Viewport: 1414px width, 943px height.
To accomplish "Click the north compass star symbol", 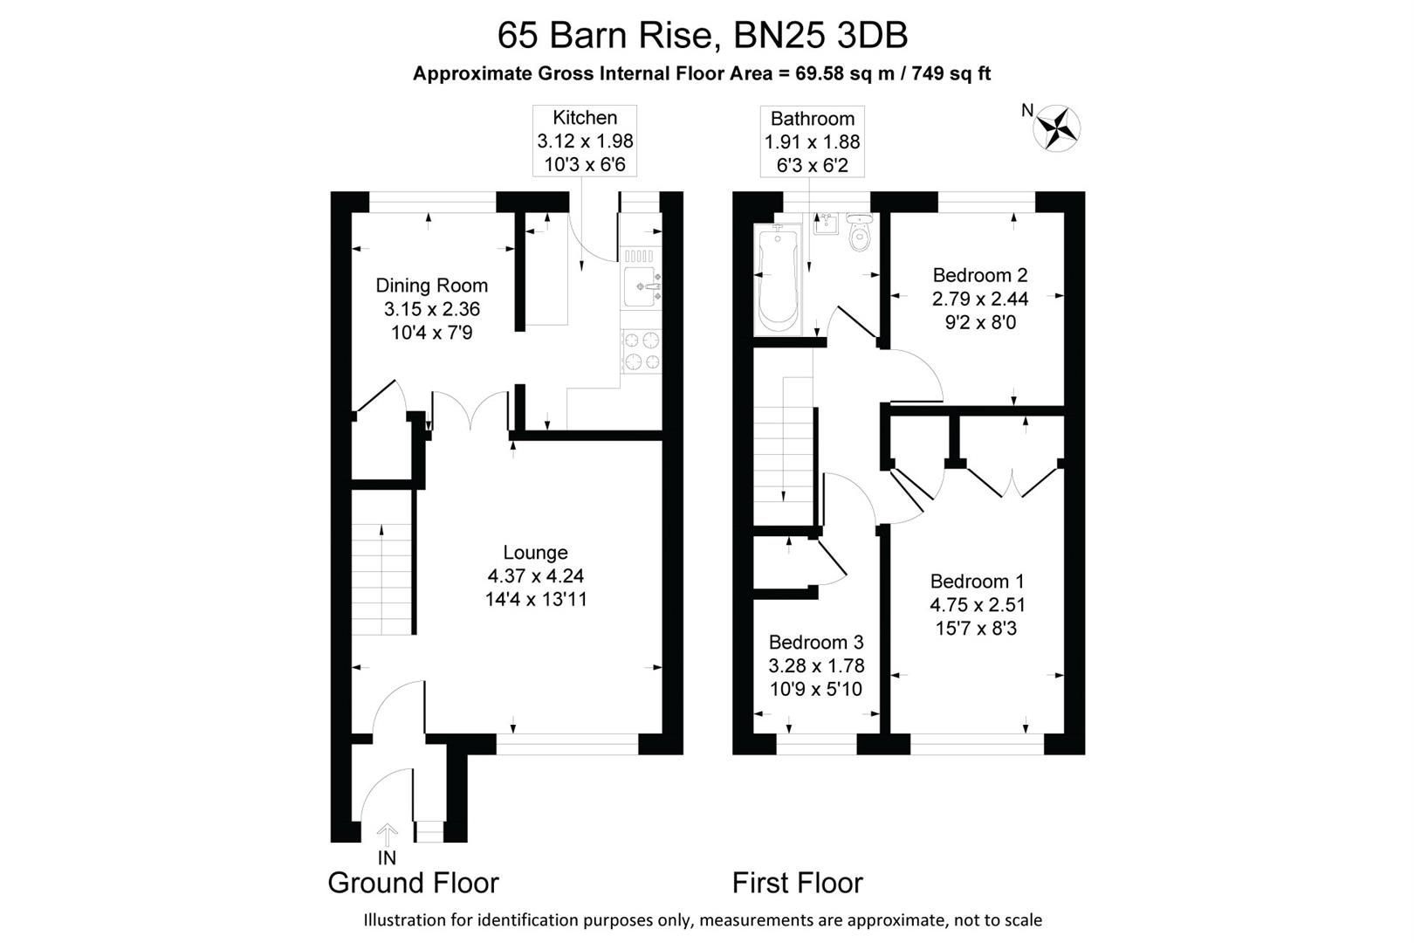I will pyautogui.click(x=1057, y=127).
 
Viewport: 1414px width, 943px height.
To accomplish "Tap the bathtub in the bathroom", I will pyautogui.click(x=778, y=280).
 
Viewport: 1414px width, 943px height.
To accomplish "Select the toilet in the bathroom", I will pyautogui.click(x=859, y=232).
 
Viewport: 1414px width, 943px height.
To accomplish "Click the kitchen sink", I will pyautogui.click(x=641, y=286).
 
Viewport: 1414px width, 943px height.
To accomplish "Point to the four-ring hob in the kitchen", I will pyautogui.click(x=641, y=351).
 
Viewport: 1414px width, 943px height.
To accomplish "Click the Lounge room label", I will pyautogui.click(x=535, y=553).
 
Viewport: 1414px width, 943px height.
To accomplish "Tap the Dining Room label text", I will pyautogui.click(x=431, y=286).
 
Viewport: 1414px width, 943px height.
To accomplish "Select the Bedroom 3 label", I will pyautogui.click(x=815, y=643).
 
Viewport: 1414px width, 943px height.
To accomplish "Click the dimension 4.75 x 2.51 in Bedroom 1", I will pyautogui.click(x=977, y=605).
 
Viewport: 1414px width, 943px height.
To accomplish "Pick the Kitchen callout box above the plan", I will pyautogui.click(x=585, y=141).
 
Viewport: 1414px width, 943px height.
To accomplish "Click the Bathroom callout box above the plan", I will pyautogui.click(x=812, y=141).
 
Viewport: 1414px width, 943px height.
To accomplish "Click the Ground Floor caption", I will pyautogui.click(x=413, y=883).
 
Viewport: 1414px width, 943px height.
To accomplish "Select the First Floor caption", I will pyautogui.click(x=796, y=883).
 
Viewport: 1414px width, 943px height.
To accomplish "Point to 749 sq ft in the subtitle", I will pyautogui.click(x=951, y=73).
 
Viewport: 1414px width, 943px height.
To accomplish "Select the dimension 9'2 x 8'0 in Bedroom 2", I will pyautogui.click(x=980, y=322).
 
